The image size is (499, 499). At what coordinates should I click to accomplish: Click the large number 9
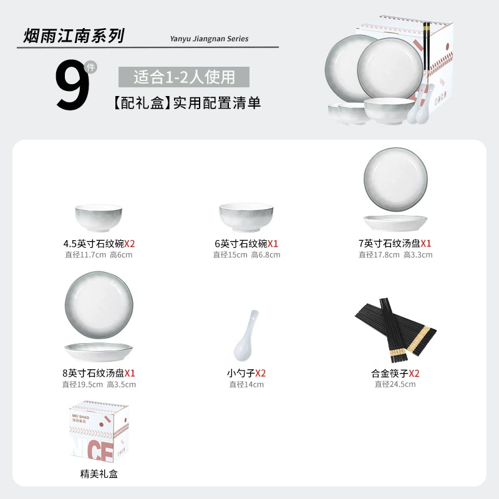72,85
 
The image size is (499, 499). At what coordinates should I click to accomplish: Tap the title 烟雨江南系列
74,36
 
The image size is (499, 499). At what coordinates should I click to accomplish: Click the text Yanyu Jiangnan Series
209,39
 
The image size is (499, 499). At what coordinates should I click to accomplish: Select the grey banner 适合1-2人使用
184,77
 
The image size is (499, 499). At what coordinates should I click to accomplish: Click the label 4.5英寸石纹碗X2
99,244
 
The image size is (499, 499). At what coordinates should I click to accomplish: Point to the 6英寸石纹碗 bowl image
246,217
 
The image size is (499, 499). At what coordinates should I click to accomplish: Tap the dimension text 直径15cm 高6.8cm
246,255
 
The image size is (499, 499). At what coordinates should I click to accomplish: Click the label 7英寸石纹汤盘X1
395,243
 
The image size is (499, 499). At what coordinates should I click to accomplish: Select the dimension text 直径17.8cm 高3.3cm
395,255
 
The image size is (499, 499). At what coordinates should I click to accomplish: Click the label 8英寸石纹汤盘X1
99,373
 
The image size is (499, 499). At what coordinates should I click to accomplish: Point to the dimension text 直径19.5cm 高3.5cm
99,384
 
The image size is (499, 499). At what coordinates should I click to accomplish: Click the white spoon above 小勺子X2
246,336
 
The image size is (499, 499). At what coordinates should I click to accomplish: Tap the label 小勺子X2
246,373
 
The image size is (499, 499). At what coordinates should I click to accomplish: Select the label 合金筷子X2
395,373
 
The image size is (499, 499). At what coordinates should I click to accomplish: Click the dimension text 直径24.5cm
395,384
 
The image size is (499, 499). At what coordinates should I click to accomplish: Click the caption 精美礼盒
99,474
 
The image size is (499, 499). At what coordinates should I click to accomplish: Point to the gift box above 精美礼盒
99,432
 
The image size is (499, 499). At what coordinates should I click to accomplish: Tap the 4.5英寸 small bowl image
99,218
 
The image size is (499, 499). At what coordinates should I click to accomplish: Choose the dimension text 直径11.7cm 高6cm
99,255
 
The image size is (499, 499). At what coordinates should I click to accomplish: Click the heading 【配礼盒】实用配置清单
187,103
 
